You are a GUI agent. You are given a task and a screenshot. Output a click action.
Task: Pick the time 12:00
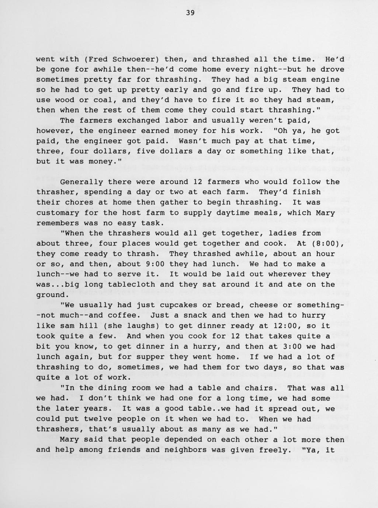pos(299,326)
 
